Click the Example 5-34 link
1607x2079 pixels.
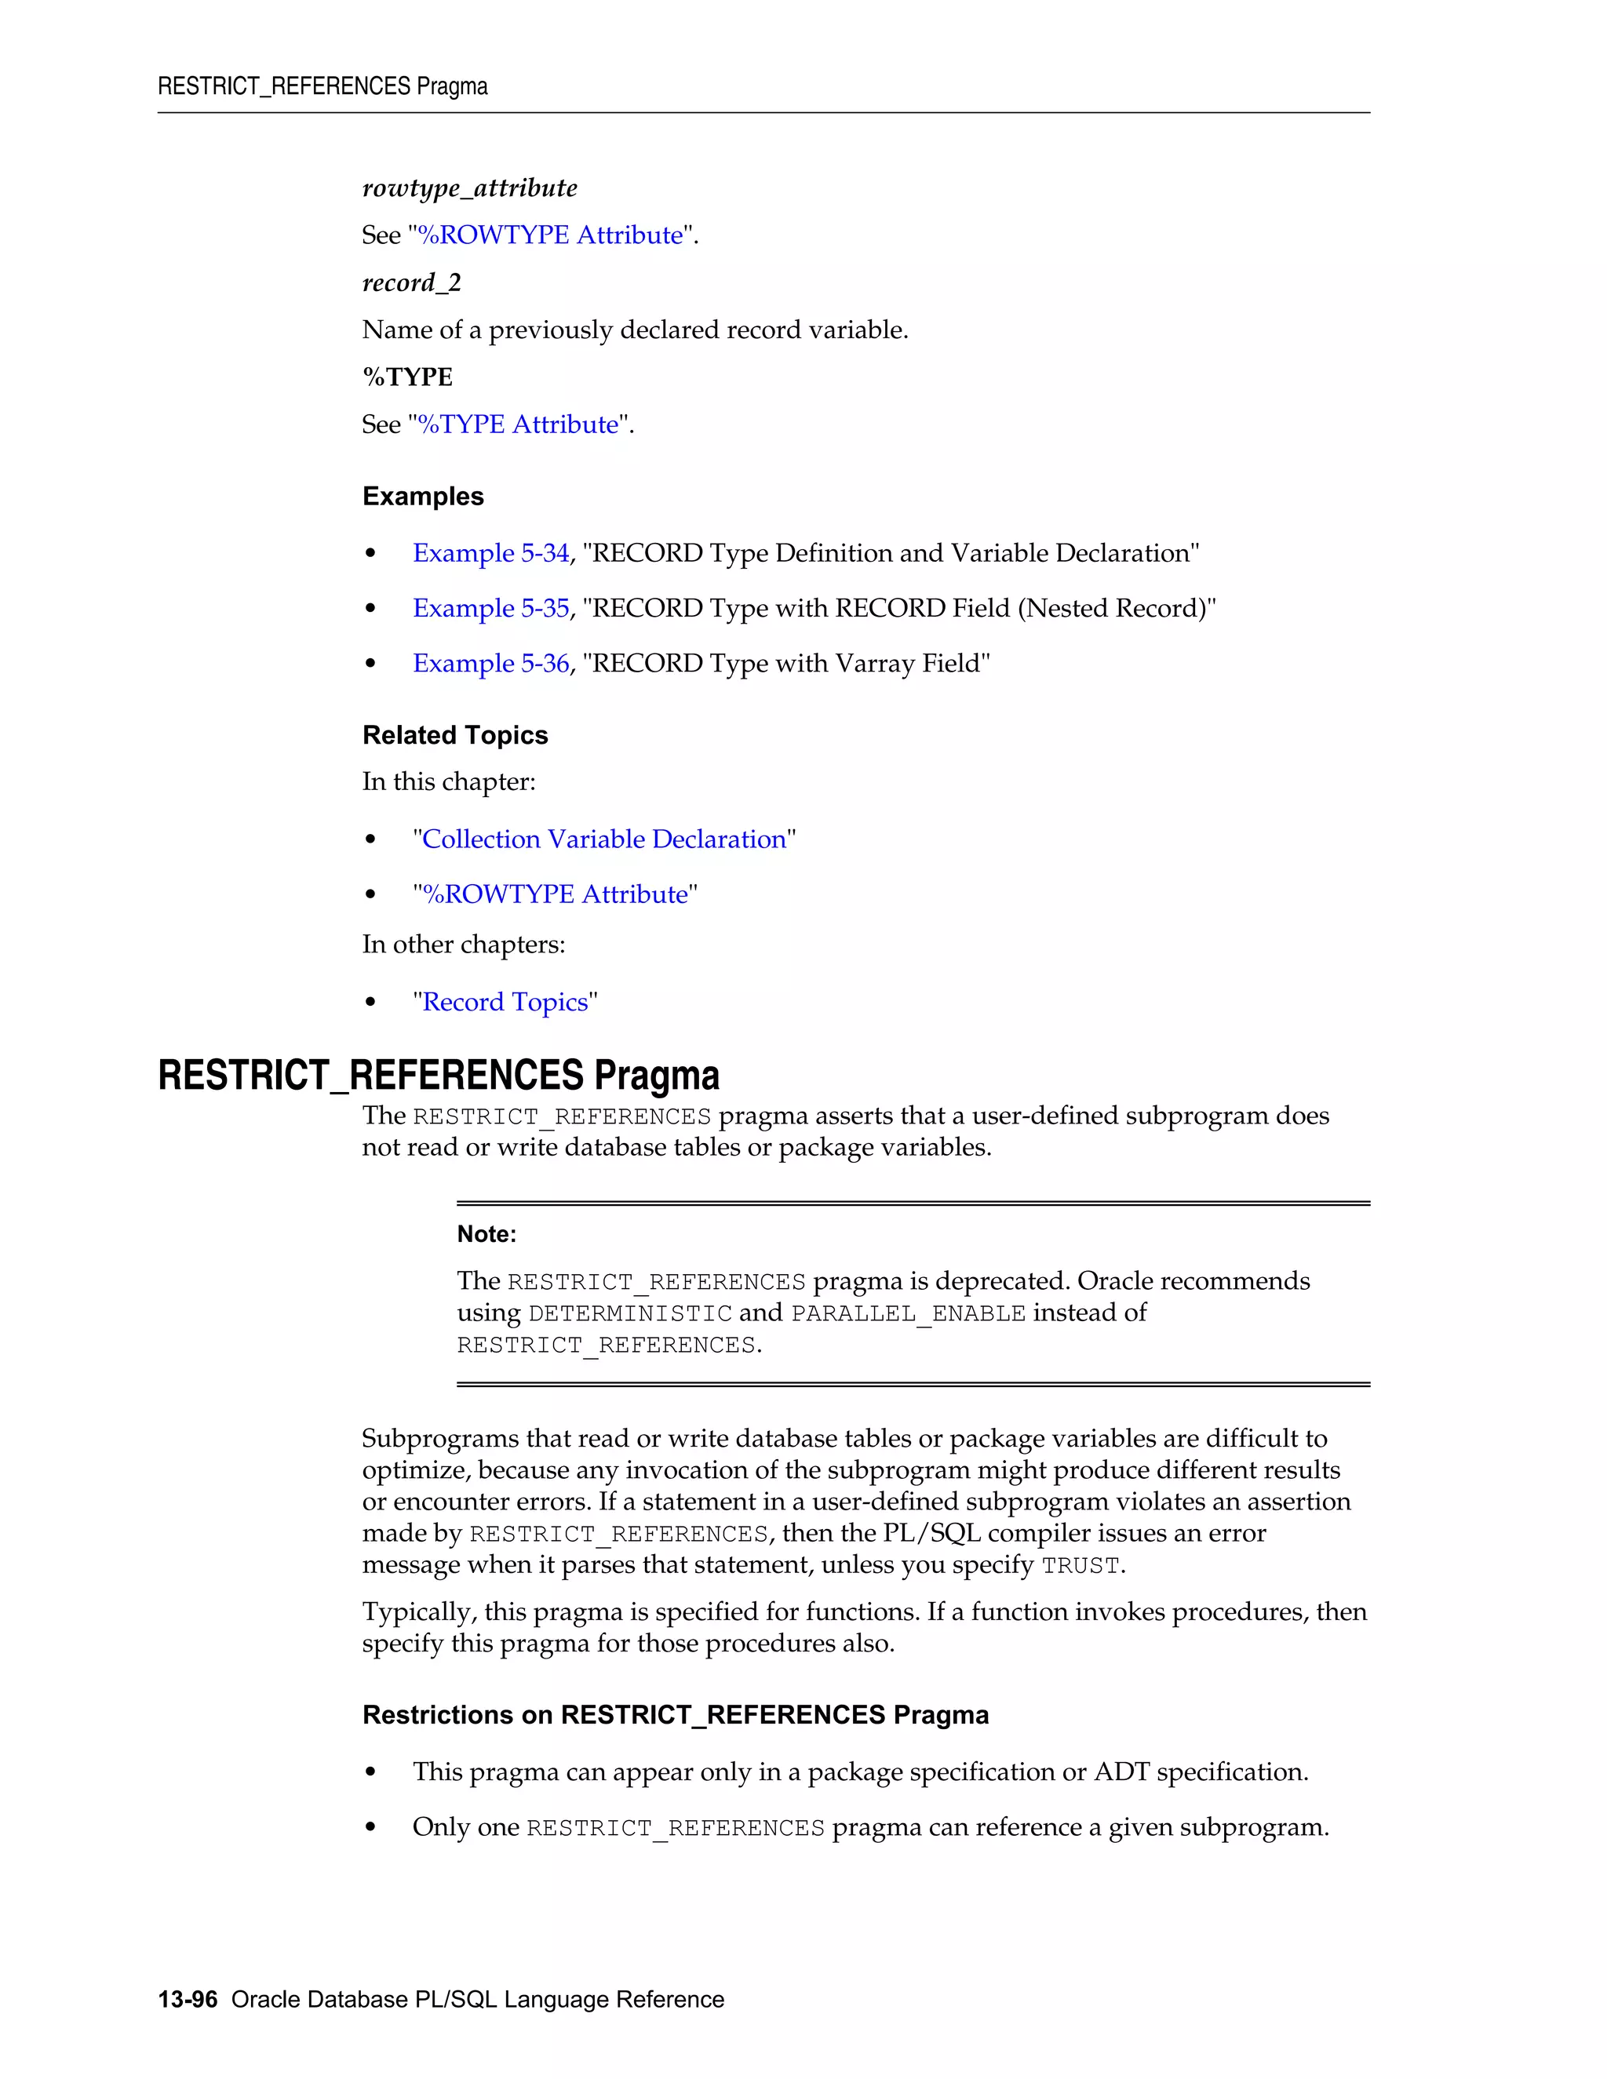490,553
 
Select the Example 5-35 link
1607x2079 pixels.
490,608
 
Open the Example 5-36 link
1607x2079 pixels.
490,664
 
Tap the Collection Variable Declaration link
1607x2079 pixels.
603,839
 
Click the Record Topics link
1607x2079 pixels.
505,1003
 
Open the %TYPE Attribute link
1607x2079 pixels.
519,424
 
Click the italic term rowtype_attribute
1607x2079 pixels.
469,188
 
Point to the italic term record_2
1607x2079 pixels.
411,282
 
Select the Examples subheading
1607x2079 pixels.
423,497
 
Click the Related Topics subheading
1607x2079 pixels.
455,735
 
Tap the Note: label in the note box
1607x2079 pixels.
486,1235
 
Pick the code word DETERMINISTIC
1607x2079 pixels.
629,1313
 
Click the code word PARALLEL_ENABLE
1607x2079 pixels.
908,1313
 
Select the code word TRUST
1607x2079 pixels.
1080,1566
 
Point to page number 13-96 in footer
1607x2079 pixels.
188,1999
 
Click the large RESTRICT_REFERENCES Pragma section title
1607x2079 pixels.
438,1076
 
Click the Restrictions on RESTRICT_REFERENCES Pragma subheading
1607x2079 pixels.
675,1714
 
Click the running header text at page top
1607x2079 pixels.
322,86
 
